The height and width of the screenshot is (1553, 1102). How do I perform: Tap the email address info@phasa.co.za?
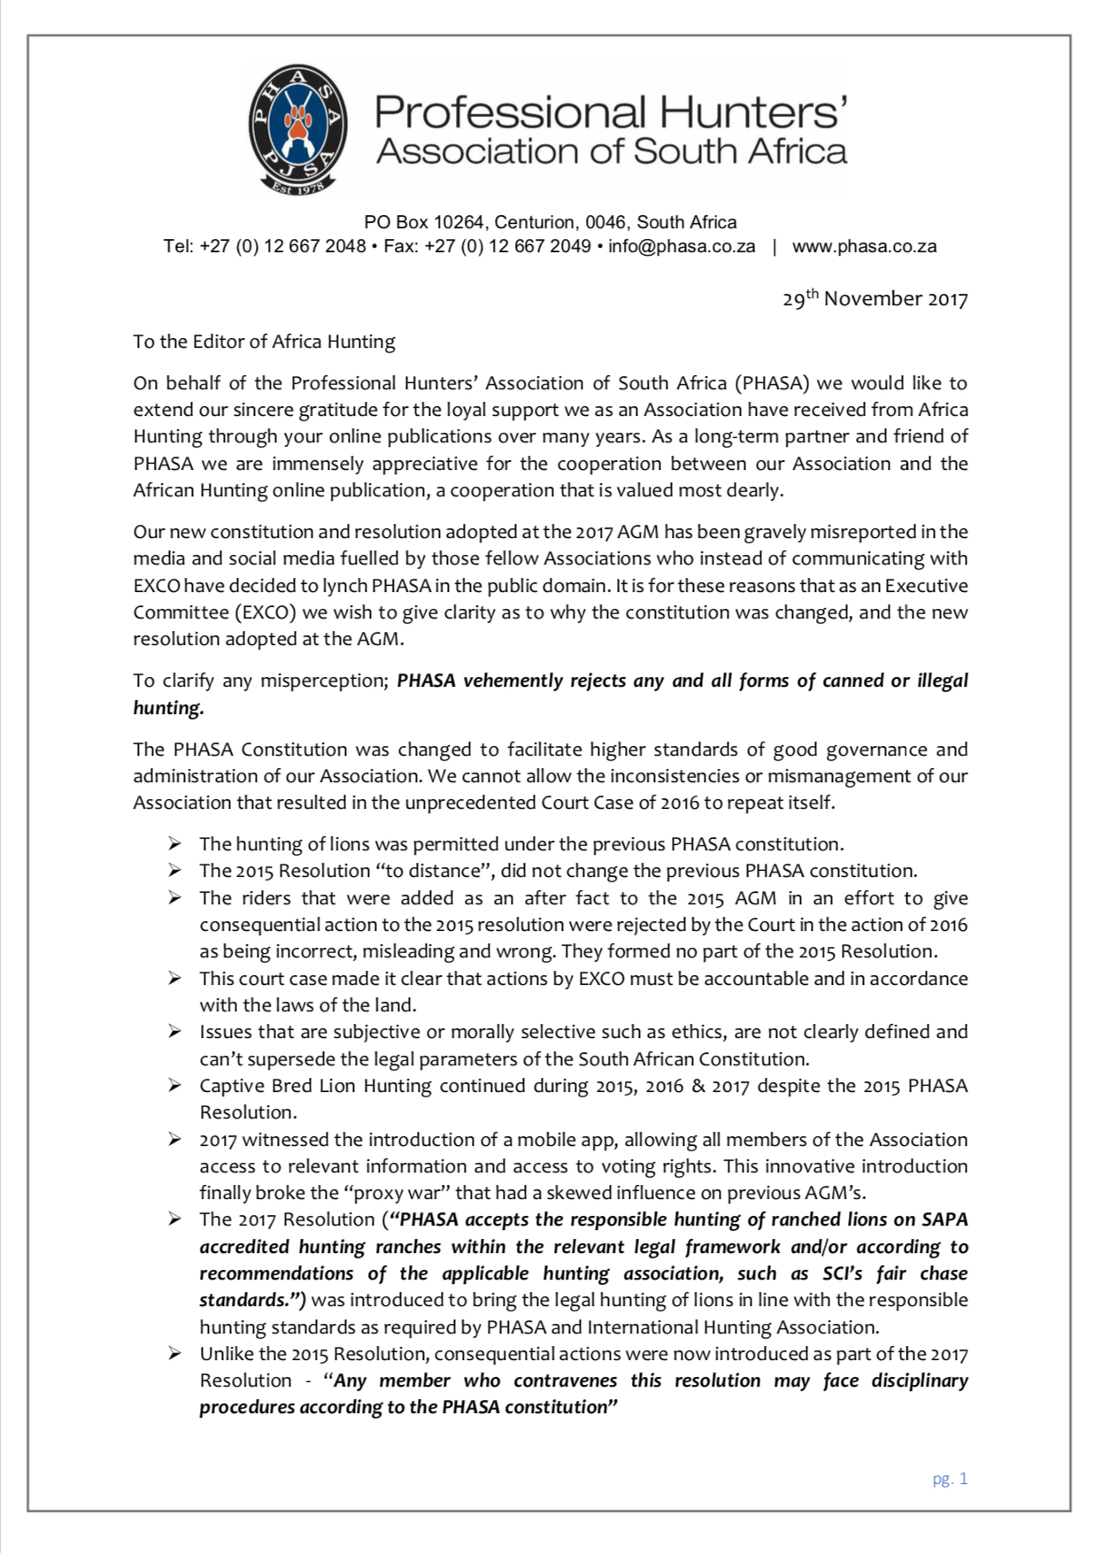coord(682,247)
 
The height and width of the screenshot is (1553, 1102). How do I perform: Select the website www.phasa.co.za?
coord(864,247)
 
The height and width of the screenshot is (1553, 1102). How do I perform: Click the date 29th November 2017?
coord(875,299)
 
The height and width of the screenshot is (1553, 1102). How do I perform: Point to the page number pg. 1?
coord(950,1479)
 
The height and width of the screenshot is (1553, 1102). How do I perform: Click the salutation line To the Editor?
coord(264,342)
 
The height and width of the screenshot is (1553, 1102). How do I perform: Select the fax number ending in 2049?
coord(487,247)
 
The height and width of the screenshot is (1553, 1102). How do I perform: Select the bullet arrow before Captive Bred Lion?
coord(174,1086)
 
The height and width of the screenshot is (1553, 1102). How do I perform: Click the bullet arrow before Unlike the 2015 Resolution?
coord(174,1354)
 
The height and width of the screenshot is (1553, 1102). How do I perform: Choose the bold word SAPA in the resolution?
coord(944,1219)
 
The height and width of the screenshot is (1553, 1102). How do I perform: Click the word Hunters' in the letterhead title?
coord(753,113)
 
